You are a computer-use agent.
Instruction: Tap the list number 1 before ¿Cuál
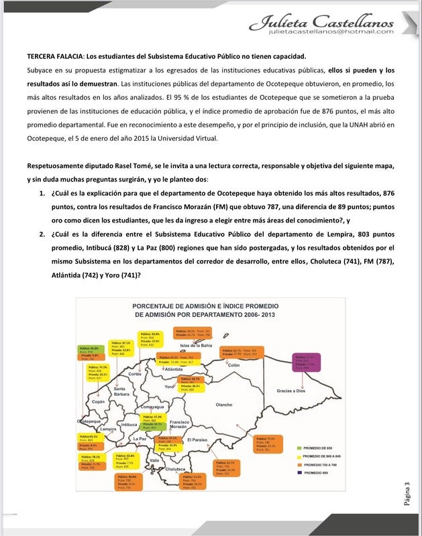click(42, 194)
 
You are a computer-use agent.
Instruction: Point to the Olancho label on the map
click(223, 405)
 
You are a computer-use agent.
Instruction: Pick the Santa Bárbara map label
click(121, 392)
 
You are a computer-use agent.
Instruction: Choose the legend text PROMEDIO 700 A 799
click(326, 464)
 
